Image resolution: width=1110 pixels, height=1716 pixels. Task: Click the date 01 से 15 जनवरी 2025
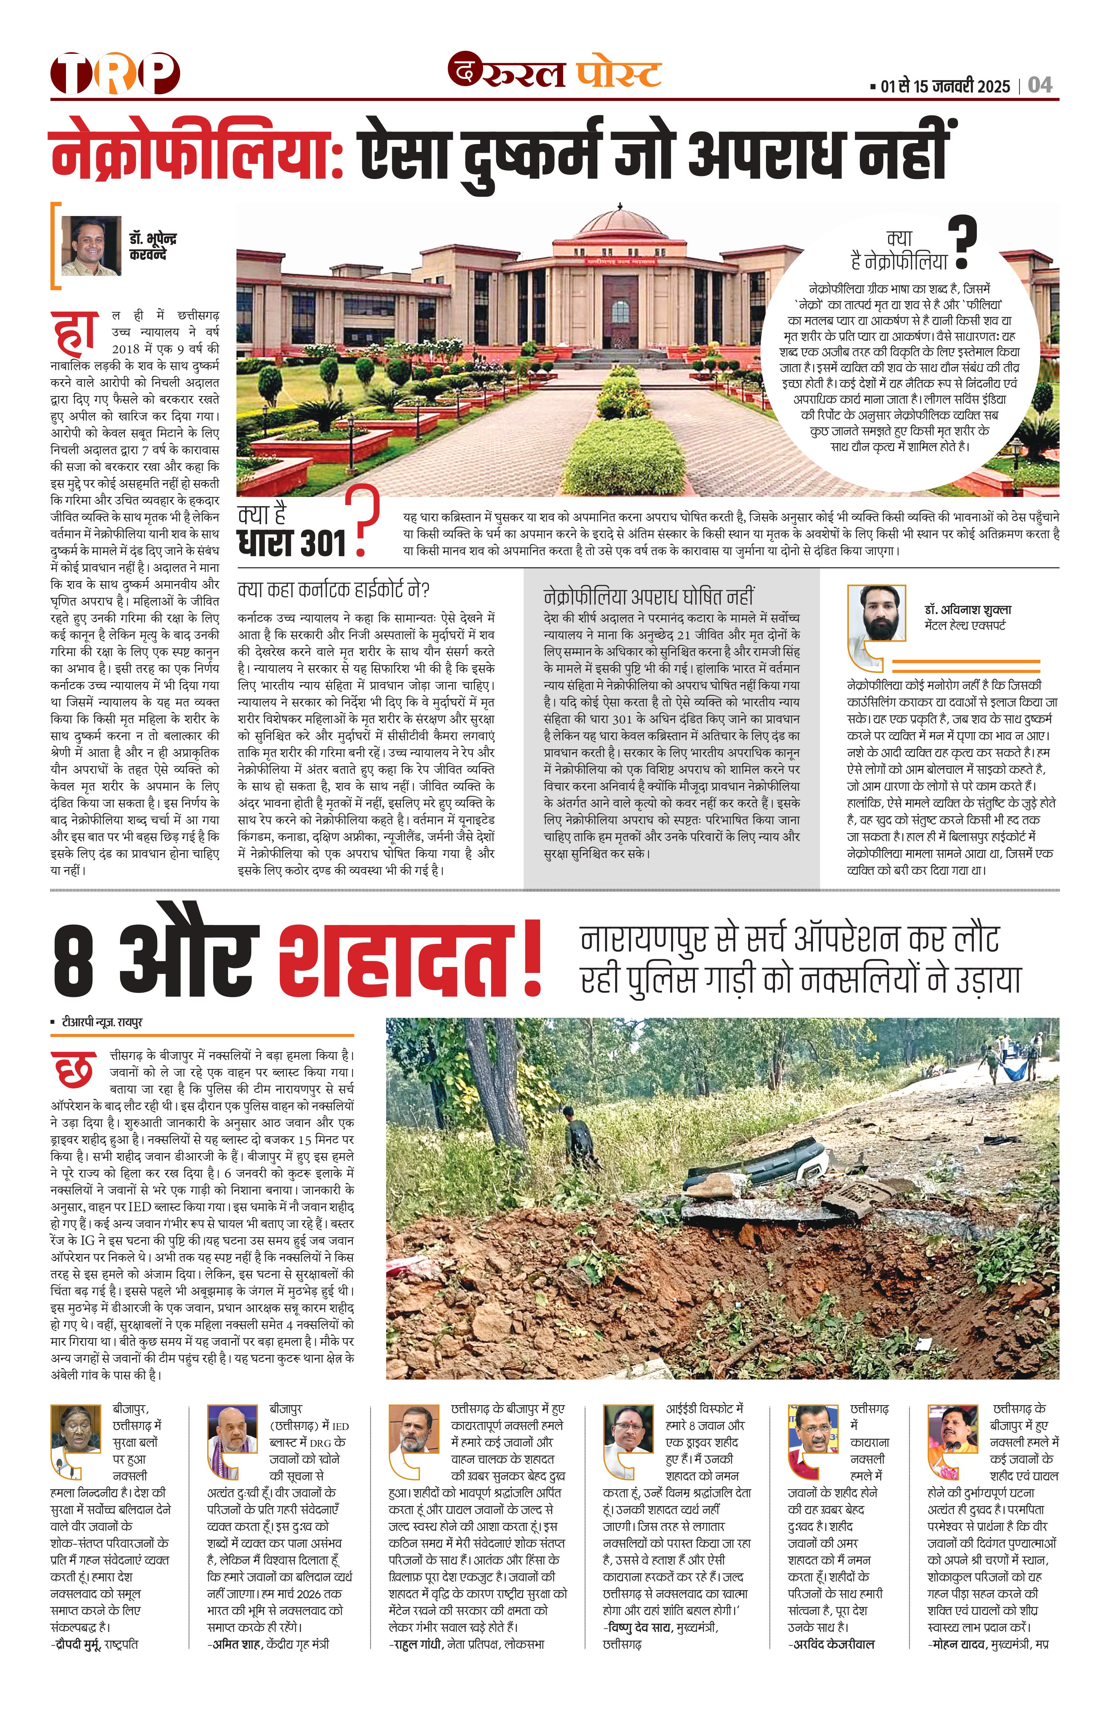pos(944,86)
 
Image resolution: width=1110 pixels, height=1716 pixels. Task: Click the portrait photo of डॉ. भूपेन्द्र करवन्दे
pos(91,246)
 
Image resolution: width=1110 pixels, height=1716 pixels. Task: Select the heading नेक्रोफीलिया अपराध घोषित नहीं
pos(649,597)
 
